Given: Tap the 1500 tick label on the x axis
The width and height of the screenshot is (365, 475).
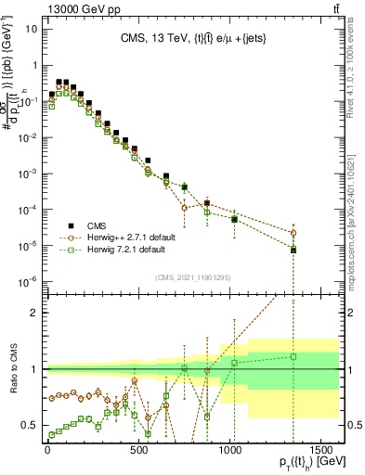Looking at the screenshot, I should click(x=318, y=447).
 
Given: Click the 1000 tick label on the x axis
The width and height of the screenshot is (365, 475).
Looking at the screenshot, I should click(x=228, y=447).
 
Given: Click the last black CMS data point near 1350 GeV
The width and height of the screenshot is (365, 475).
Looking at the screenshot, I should click(x=293, y=250).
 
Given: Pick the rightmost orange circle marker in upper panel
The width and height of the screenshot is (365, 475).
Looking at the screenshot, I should click(x=293, y=233).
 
